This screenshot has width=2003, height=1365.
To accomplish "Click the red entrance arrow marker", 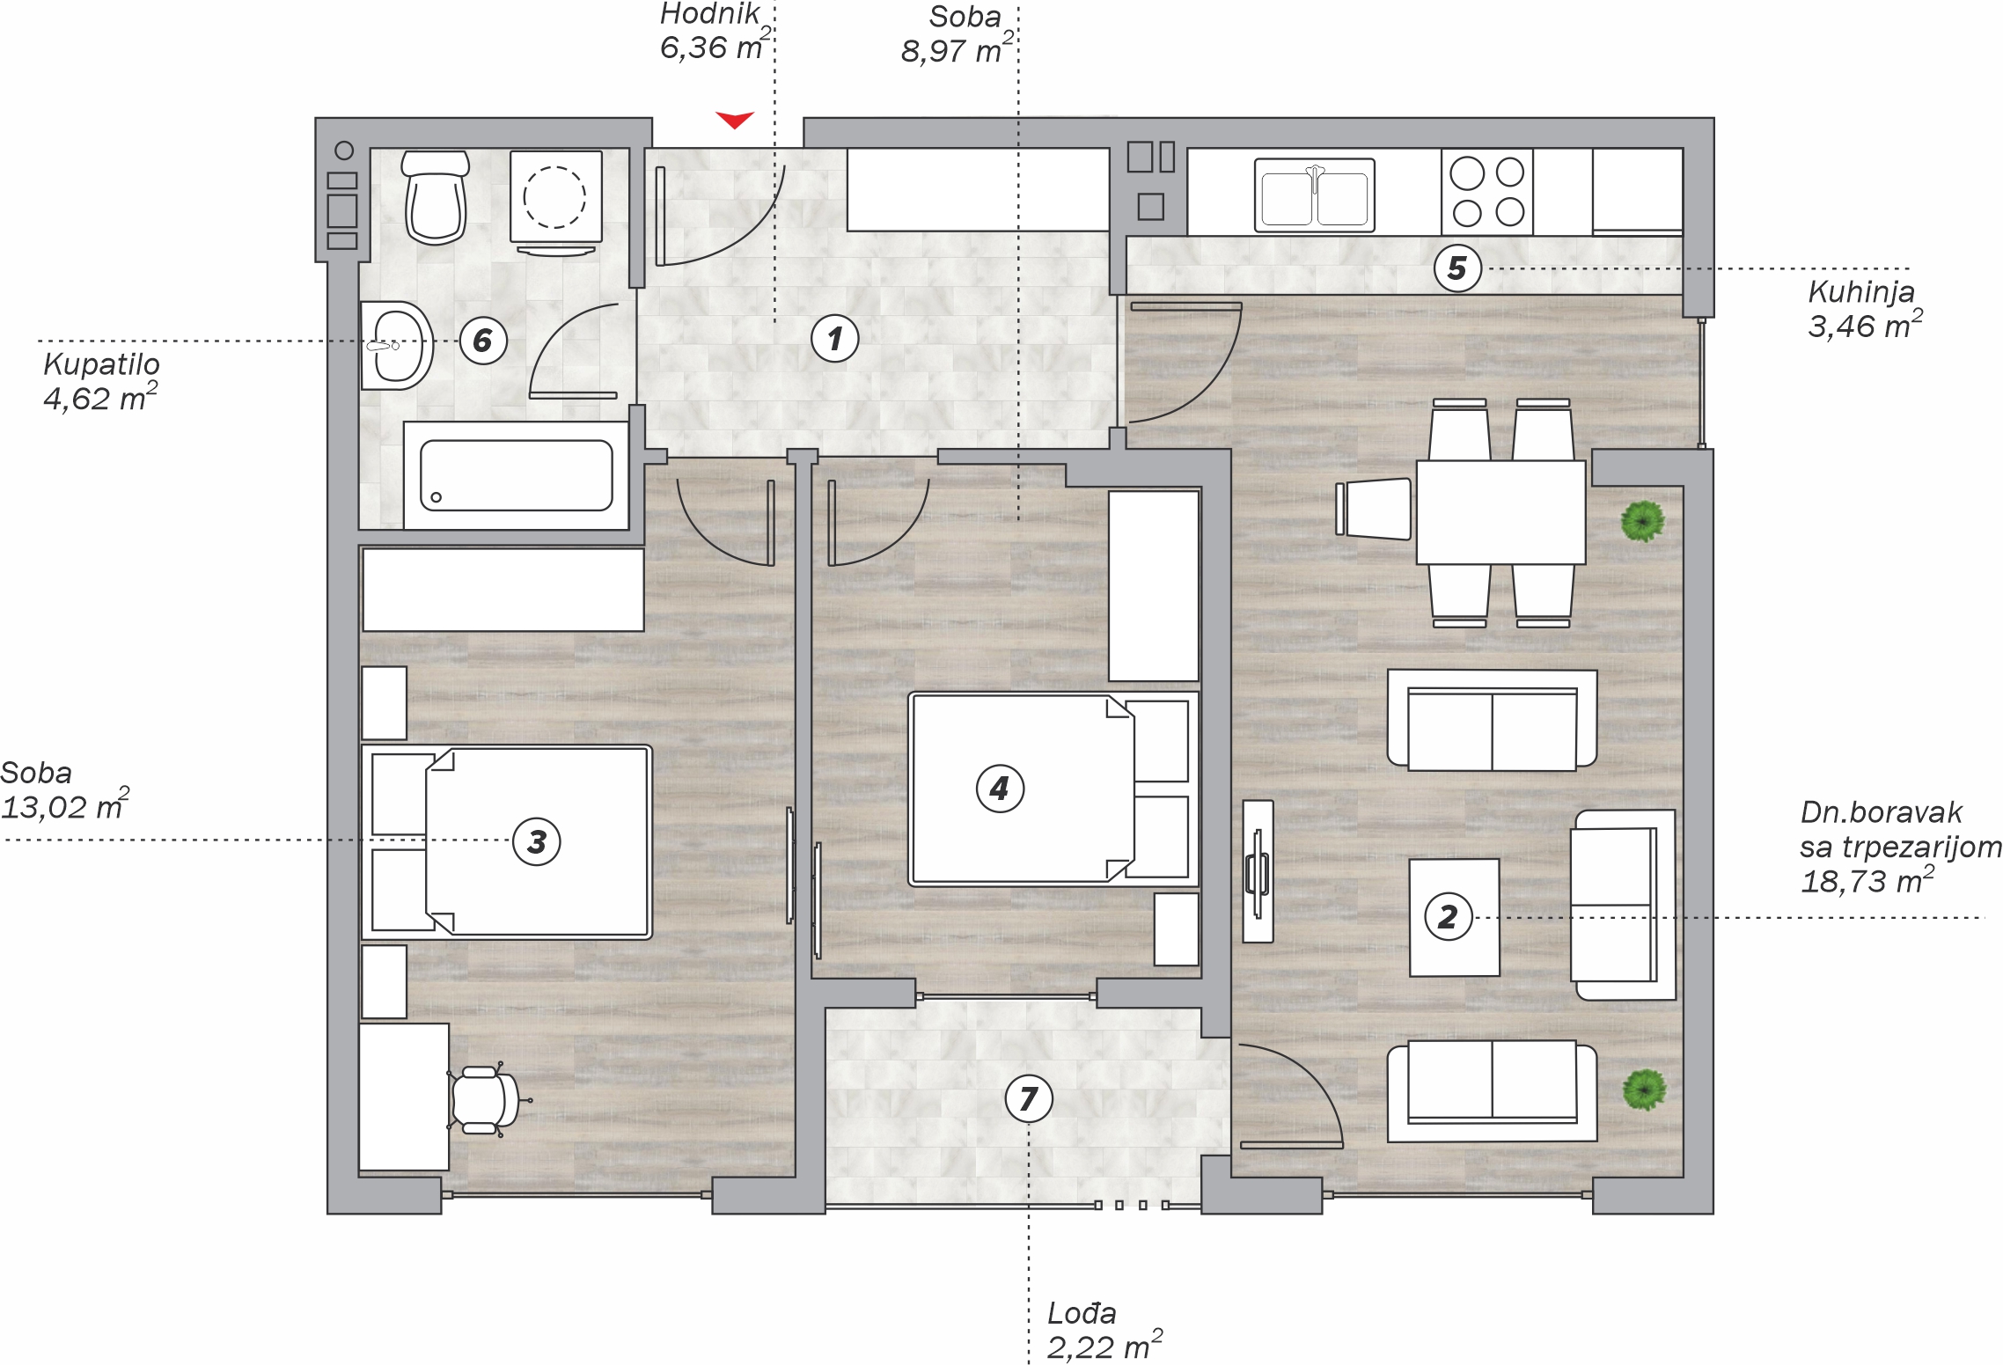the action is tap(735, 120).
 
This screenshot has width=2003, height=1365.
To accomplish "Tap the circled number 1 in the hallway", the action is tap(835, 338).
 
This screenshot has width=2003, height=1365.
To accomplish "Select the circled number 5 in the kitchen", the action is tap(1457, 268).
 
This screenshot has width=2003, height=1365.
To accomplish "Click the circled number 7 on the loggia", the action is tap(1029, 1098).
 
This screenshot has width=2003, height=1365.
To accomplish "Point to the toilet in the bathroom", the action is tap(436, 197).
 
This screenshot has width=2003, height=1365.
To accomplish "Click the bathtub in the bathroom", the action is tap(516, 475).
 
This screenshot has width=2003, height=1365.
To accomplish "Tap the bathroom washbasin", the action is tap(397, 346).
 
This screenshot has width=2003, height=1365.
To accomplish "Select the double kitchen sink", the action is tap(1315, 195).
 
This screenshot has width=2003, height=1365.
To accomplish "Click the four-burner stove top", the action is tap(1487, 192).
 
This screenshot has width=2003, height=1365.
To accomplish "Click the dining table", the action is tap(1500, 512).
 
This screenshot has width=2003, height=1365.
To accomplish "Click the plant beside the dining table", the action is tap(1643, 521).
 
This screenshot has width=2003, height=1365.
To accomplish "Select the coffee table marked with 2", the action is tap(1454, 918).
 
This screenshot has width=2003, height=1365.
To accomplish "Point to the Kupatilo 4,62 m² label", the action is tap(101, 382).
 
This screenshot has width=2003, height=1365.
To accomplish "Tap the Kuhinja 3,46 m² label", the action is tap(1865, 309).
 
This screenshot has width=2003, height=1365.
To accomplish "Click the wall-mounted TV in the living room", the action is tap(1258, 871).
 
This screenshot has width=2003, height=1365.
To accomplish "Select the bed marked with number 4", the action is tap(1053, 789).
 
